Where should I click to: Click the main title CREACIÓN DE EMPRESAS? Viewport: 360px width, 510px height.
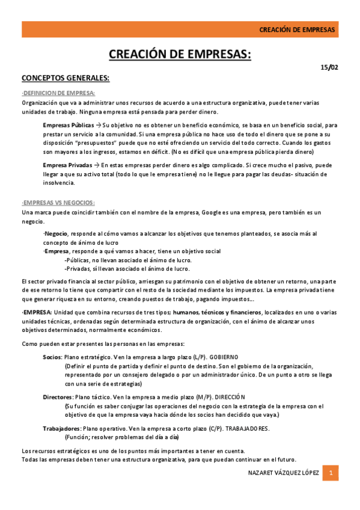180,55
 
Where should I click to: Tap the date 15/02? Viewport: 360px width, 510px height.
329,67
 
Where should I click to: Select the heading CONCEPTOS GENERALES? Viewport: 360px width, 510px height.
66,78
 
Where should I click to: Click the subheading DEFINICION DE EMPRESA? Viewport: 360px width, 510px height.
58,93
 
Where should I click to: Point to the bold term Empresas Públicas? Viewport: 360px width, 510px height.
68,125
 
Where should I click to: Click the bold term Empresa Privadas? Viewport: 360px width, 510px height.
67,165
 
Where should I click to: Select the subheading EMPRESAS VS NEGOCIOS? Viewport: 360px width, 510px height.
58,202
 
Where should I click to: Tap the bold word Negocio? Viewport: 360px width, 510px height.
56,233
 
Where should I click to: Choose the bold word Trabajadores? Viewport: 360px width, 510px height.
62,428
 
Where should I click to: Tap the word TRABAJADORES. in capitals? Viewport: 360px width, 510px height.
247,428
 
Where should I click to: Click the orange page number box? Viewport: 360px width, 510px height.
330,473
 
